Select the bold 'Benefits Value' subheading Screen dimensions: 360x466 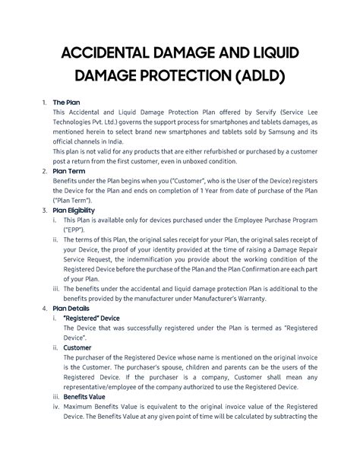[x=88, y=396]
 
